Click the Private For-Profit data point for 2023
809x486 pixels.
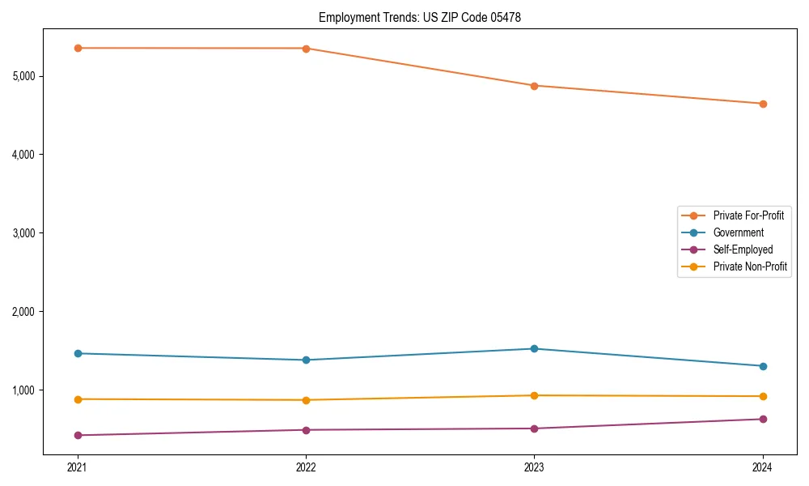[534, 86]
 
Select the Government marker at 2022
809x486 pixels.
[306, 360]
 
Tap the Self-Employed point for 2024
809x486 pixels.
[762, 419]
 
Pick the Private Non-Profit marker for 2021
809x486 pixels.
[78, 399]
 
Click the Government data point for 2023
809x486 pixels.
[534, 348]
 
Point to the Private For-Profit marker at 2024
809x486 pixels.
[762, 104]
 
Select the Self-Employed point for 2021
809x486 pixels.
[78, 435]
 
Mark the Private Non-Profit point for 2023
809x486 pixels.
[534, 395]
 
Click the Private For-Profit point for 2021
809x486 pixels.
[78, 48]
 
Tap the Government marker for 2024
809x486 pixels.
[762, 366]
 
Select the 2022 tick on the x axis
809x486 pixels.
[306, 467]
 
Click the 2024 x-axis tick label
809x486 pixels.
[762, 467]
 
